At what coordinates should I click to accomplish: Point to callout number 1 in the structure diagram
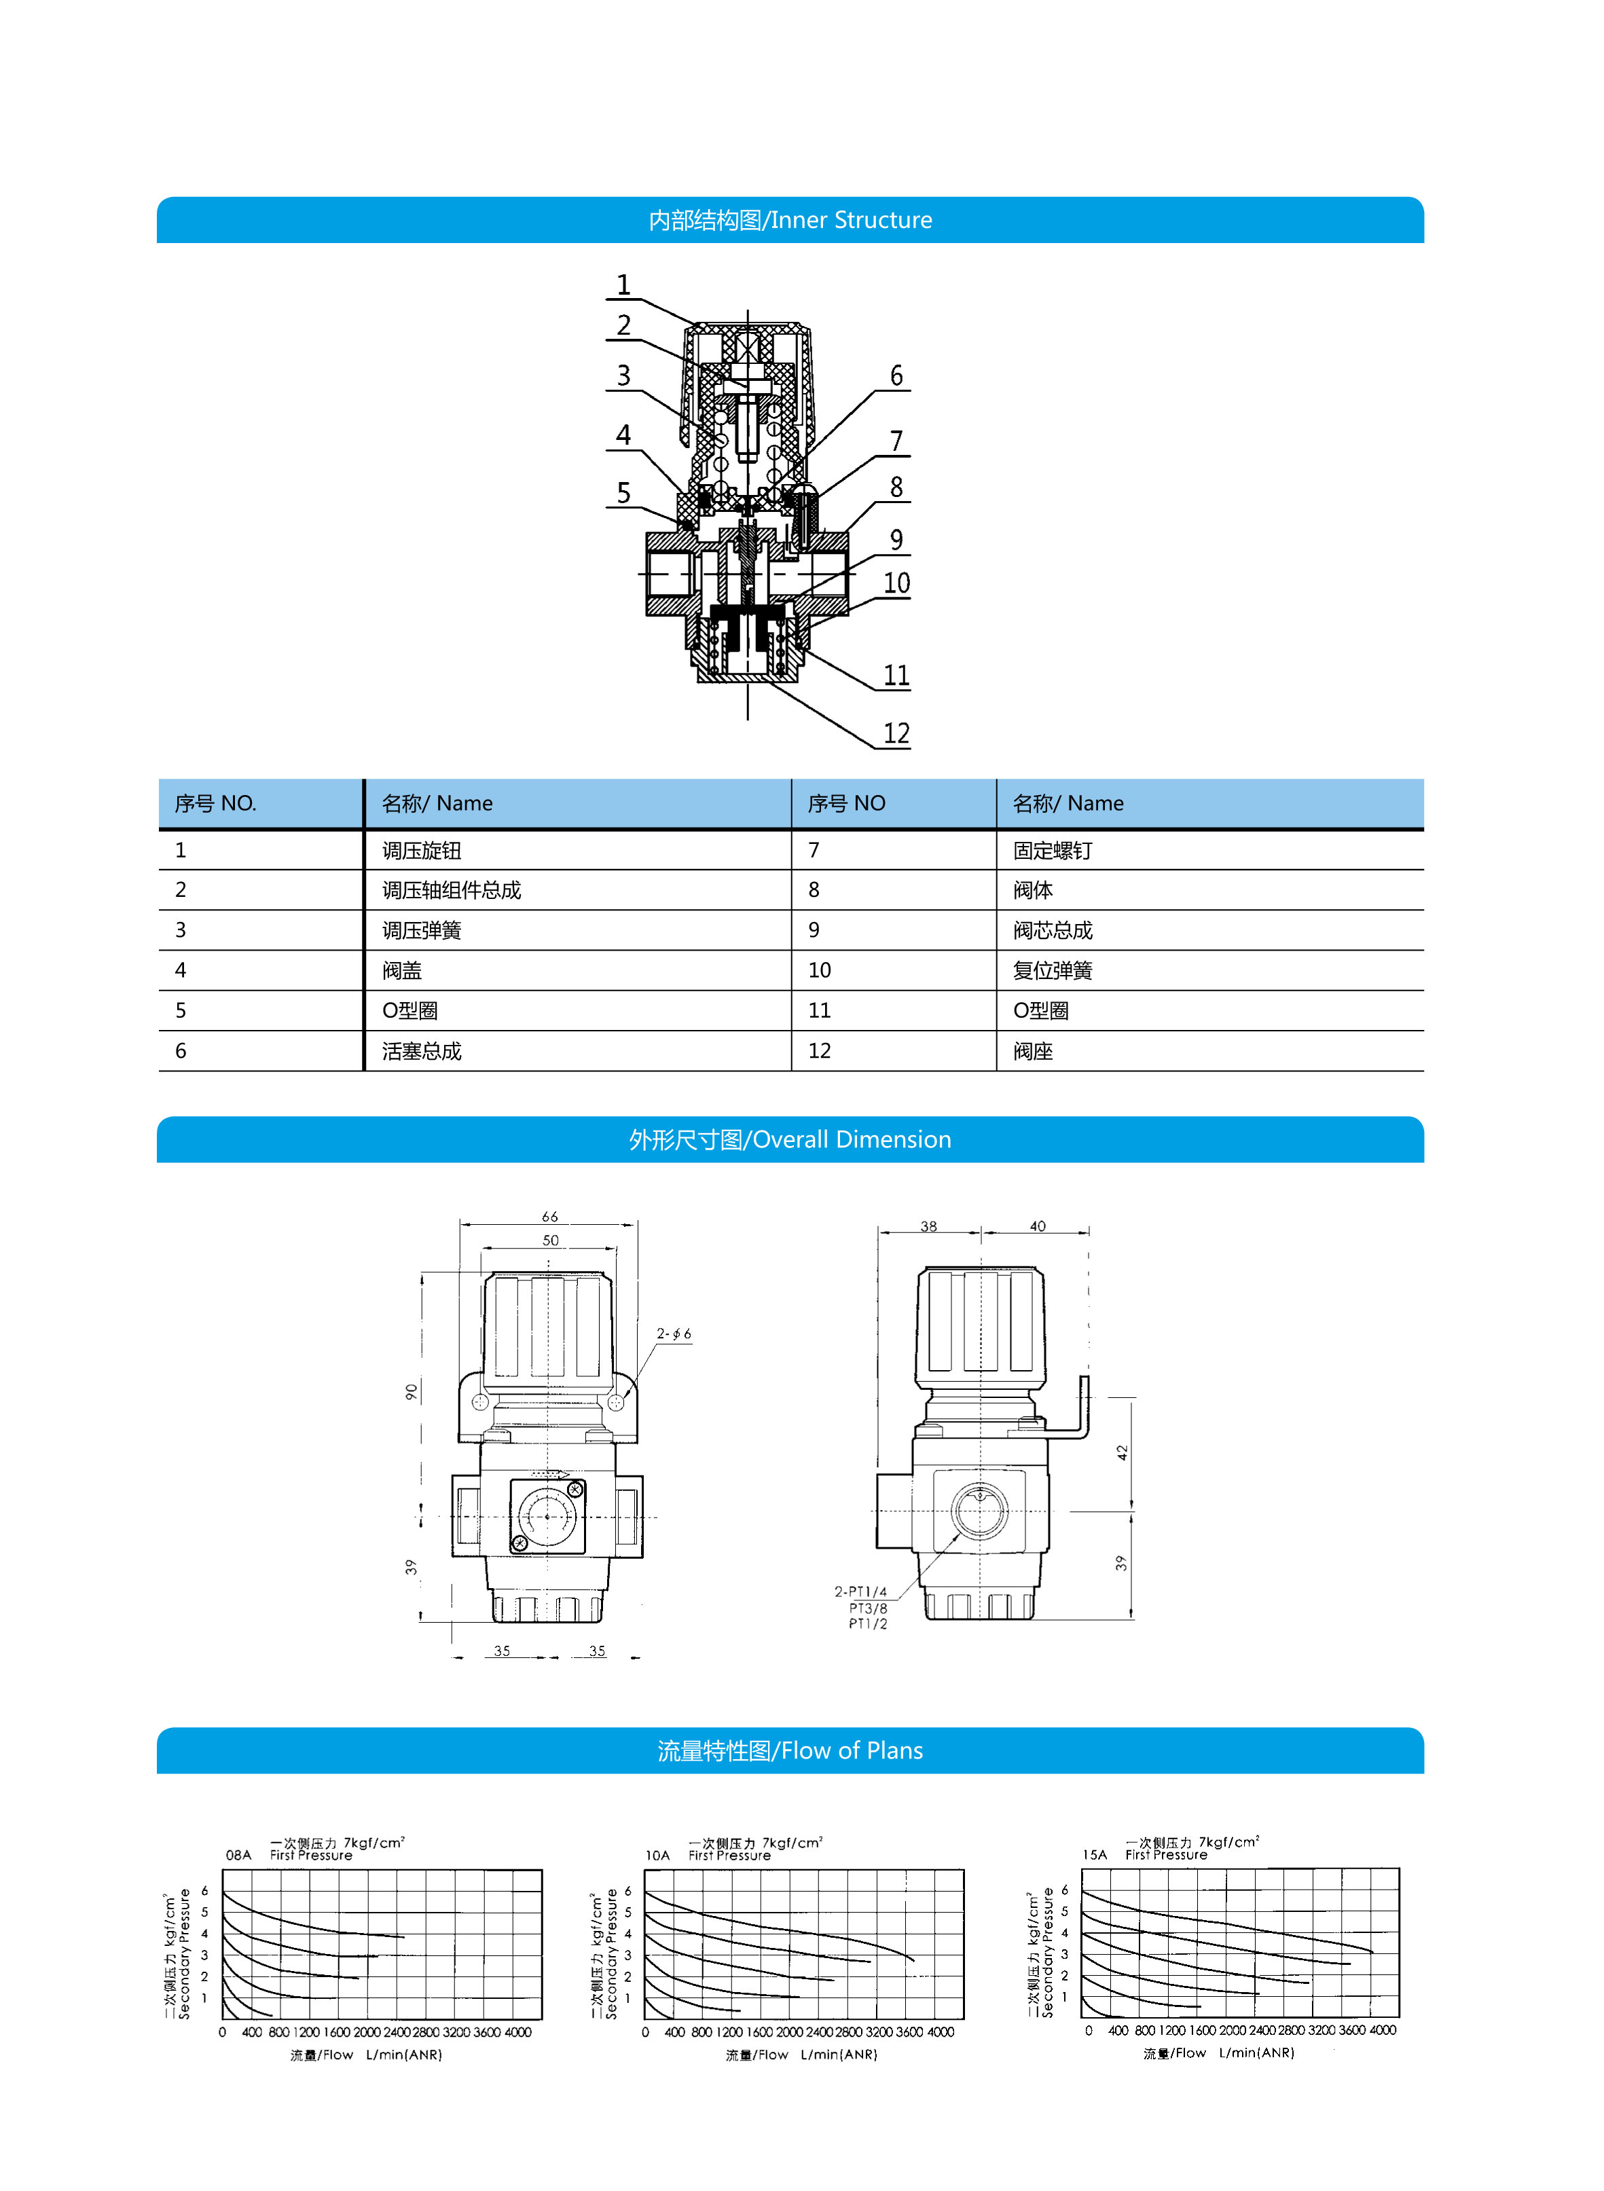click(x=623, y=284)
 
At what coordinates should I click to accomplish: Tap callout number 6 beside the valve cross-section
click(x=896, y=375)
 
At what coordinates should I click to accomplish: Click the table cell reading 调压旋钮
click(x=422, y=850)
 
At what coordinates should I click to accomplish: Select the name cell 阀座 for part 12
click(x=1032, y=1051)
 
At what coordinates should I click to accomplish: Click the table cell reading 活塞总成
click(x=422, y=1051)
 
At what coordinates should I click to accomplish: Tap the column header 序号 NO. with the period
click(x=215, y=804)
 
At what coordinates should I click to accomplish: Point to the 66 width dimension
click(x=549, y=1217)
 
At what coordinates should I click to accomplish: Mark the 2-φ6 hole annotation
click(x=674, y=1334)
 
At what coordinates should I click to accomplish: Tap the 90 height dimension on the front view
click(x=411, y=1392)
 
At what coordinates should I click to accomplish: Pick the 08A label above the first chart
click(x=238, y=1855)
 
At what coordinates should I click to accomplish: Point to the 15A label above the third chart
click(x=1094, y=1855)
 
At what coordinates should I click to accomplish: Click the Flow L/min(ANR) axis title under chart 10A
click(x=801, y=2055)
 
